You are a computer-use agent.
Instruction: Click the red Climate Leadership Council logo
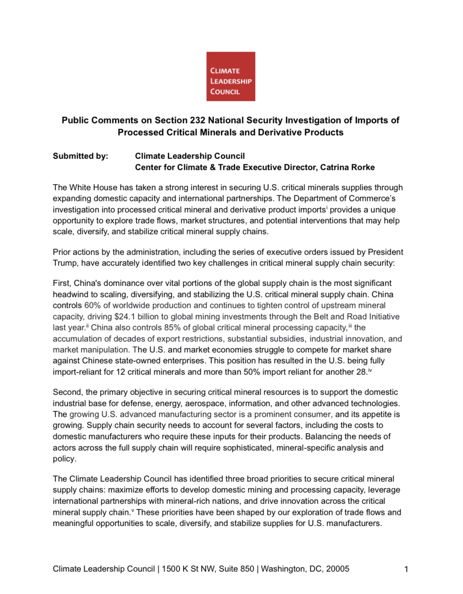pyautogui.click(x=230, y=76)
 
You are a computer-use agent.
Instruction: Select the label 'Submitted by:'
pyautogui.click(x=81, y=156)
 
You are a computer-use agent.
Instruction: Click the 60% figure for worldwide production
pyautogui.click(x=93, y=305)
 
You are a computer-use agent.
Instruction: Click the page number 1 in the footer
pyautogui.click(x=406, y=569)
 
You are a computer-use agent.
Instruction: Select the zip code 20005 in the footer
pyautogui.click(x=337, y=569)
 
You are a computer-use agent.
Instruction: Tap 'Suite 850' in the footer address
pyautogui.click(x=237, y=569)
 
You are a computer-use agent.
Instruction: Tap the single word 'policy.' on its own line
pyautogui.click(x=64, y=459)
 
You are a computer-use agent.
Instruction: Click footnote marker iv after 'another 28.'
pyautogui.click(x=370, y=370)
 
